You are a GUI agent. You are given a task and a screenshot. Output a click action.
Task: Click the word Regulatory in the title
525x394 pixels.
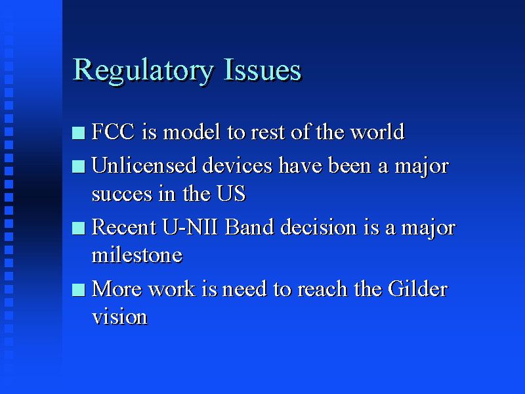[143, 71]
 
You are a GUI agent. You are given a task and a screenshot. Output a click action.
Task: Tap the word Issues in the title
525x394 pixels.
[262, 70]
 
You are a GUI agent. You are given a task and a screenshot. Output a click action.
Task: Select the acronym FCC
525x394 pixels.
[113, 131]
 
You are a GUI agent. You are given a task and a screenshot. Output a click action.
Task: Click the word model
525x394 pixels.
[192, 131]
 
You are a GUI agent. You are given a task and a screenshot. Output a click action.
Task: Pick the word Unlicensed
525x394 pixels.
[144, 165]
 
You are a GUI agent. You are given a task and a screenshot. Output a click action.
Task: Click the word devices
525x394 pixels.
[238, 165]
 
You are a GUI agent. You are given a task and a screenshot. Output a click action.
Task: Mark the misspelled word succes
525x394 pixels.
[122, 194]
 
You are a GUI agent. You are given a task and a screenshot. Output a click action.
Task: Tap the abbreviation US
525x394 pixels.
[231, 193]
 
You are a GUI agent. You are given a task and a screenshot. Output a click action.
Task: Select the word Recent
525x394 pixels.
[123, 227]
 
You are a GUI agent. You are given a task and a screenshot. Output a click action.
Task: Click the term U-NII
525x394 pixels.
[190, 227]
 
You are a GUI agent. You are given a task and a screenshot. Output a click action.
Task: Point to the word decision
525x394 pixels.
[318, 227]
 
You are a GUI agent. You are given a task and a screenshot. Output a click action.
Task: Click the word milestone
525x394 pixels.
[137, 255]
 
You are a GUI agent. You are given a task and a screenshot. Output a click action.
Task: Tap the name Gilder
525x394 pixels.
[418, 289]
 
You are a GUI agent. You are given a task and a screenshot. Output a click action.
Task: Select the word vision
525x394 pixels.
[119, 317]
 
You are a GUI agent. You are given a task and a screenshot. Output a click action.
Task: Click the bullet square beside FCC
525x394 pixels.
[79, 133]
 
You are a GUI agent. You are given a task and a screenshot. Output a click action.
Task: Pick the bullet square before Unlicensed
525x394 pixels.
[79, 167]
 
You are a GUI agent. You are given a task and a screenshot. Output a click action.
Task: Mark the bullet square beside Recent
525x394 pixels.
[79, 229]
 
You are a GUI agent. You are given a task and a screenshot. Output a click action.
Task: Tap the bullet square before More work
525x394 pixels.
[79, 290]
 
